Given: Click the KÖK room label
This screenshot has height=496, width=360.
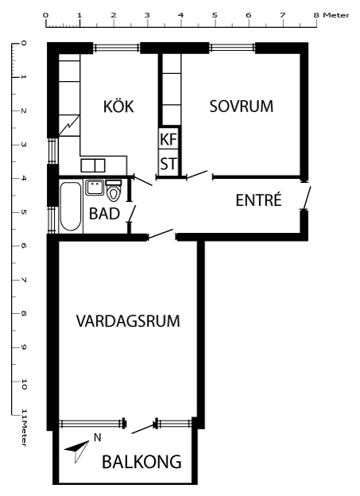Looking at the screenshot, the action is [118, 106].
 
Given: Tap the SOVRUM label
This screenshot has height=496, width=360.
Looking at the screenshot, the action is [242, 106].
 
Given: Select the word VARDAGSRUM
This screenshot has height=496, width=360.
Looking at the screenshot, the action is [128, 321].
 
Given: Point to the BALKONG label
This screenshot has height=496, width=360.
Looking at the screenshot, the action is [141, 462].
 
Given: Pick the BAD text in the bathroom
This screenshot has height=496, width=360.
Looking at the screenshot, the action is [104, 214].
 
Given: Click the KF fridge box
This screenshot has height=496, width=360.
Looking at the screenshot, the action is [168, 139].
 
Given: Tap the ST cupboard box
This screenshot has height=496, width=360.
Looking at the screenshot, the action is [168, 164].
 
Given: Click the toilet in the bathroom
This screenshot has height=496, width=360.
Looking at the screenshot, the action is [114, 191].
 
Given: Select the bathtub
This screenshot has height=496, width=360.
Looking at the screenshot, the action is [71, 206].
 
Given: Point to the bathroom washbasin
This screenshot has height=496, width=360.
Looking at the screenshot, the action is [95, 188].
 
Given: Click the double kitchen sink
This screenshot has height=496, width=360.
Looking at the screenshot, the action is [93, 165].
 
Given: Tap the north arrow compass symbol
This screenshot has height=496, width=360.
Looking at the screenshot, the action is [77, 450].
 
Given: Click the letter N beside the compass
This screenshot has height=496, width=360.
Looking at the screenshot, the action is [98, 437].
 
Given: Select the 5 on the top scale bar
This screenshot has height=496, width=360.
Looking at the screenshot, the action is [215, 15].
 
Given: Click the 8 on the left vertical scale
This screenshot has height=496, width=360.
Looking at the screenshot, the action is [24, 313].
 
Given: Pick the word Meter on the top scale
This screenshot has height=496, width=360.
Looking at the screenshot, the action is [336, 15].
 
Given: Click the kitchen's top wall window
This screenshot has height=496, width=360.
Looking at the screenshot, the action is [117, 48].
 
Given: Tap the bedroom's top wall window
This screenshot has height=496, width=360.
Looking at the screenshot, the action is [232, 48].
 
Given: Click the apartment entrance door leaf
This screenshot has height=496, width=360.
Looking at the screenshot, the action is [308, 198].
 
